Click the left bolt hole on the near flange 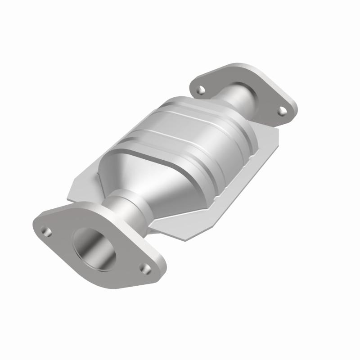(45, 231)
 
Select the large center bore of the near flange (96, 249)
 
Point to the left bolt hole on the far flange (199, 90)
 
